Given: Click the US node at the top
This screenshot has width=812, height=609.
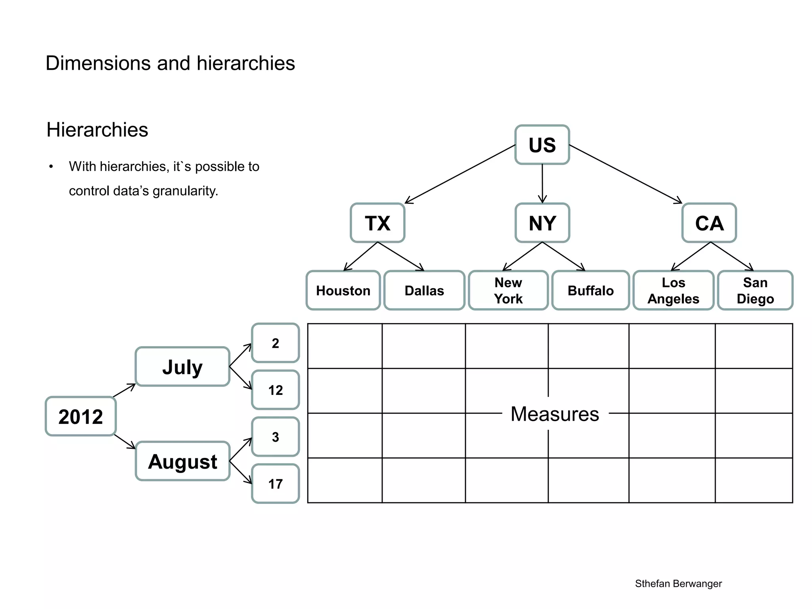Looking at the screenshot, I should click(542, 145).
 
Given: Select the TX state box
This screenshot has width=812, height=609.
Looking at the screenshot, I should click(377, 223).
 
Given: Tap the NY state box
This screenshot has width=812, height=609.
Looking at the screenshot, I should click(542, 223).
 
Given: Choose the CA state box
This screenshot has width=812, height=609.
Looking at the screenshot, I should click(709, 223).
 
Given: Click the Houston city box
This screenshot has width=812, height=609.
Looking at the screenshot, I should click(343, 291).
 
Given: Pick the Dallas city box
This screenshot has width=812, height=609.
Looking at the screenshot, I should click(424, 291).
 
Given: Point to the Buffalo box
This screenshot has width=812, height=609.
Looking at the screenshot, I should click(590, 291).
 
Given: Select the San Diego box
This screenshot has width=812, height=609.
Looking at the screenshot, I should click(755, 291).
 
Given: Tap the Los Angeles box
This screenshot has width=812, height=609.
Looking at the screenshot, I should click(673, 291).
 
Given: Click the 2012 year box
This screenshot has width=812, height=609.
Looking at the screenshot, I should click(80, 416).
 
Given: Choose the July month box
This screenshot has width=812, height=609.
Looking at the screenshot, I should click(182, 367).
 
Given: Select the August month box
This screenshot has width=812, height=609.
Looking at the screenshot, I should click(182, 461).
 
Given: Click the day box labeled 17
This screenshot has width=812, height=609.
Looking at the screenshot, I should click(275, 484).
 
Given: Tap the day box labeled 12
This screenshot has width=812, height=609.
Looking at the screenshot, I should click(275, 390).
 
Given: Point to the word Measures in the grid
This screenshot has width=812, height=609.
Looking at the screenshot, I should click(554, 414).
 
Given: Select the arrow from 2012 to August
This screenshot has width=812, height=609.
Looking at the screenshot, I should click(124, 442).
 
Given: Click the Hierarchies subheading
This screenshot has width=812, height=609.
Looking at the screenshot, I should click(97, 130).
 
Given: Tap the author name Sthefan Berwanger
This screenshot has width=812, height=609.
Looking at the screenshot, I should click(678, 584).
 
